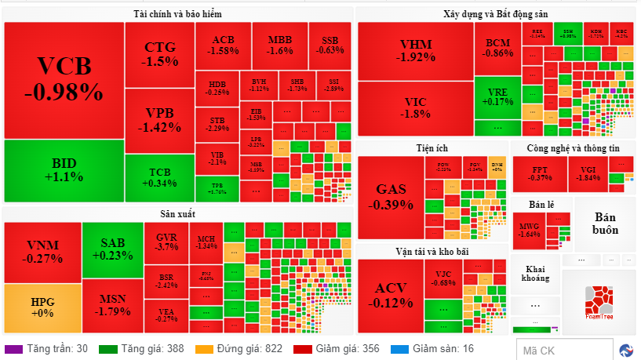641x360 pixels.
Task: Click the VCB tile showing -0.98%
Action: tap(64, 80)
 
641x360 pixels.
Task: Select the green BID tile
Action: tap(64, 170)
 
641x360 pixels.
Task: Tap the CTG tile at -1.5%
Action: tap(159, 53)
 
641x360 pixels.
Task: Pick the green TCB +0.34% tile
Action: tap(159, 177)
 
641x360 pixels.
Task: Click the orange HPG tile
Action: tap(42, 307)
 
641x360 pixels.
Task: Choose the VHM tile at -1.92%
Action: tap(415, 50)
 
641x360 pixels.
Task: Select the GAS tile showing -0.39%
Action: tap(390, 196)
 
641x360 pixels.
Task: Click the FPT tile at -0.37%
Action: tap(541, 173)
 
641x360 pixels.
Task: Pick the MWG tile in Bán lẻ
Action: tap(530, 229)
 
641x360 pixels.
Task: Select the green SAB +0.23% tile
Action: tap(112, 249)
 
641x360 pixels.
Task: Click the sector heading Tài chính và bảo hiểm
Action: tap(178, 14)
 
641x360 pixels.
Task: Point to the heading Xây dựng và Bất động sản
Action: tap(495, 14)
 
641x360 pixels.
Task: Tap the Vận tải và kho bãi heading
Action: tap(432, 251)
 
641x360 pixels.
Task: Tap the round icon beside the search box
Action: tap(626, 350)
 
